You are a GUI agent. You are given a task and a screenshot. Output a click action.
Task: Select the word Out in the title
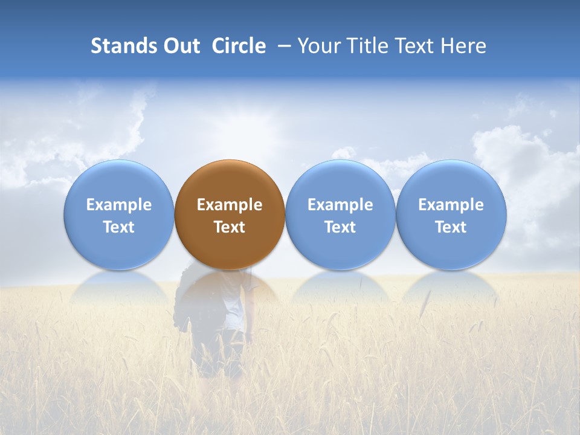pos(178,46)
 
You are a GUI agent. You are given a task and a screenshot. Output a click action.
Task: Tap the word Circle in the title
pos(239,46)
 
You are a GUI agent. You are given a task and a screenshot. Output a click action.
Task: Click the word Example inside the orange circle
pos(230,205)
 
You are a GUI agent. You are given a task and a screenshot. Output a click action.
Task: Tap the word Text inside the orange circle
pos(230,227)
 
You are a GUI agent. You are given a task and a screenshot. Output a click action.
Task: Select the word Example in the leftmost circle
pos(119,205)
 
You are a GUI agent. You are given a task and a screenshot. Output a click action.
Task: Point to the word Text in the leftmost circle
pos(119,227)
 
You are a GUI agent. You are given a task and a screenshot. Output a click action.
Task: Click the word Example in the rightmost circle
pos(451,205)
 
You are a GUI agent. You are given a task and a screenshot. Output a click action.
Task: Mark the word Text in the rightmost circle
pos(451,227)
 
